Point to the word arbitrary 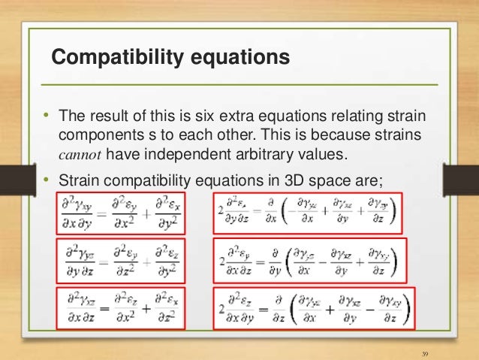pyautogui.click(x=255, y=155)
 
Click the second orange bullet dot pyautogui.click(x=45, y=180)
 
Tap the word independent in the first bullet pyautogui.click(x=176, y=155)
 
